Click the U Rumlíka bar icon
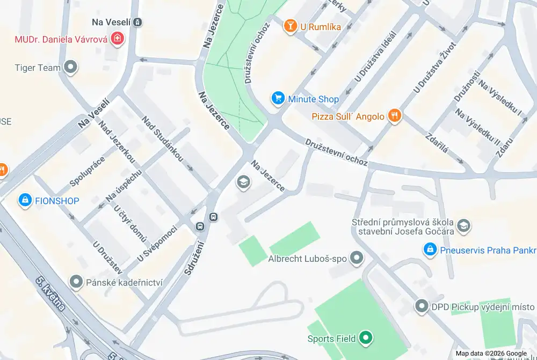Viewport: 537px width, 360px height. (290, 26)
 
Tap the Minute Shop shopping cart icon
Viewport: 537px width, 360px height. (278, 98)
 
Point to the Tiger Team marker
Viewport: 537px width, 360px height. (70, 68)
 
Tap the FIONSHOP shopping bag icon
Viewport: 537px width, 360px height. (25, 201)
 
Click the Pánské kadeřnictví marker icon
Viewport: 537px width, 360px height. (76, 282)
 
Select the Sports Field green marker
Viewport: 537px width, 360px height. (366, 338)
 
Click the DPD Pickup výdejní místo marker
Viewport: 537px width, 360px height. (422, 306)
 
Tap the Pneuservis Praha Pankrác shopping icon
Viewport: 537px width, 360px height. (429, 250)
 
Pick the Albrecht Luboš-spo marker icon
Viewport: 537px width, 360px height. (355, 259)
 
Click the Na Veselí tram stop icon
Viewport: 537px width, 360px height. (138, 22)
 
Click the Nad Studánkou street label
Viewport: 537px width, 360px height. (163, 139)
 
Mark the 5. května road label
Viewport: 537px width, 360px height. (51, 294)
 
